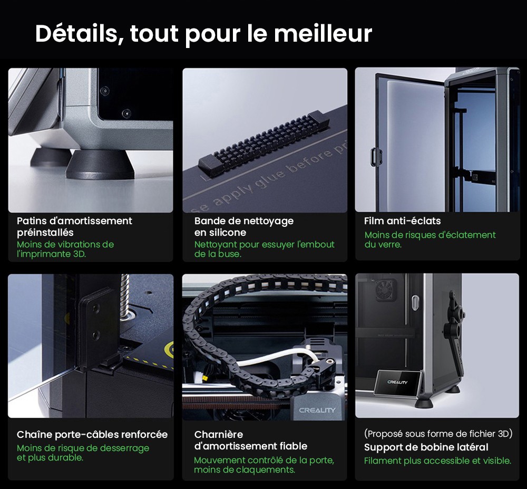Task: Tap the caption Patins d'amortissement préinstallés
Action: (74, 226)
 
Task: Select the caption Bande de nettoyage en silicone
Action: (243, 226)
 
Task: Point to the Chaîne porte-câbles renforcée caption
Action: (92, 435)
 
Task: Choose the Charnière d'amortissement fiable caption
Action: (250, 440)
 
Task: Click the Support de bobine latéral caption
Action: (426, 447)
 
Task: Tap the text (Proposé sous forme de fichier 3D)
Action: (438, 434)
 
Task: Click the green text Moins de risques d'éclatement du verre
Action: (430, 239)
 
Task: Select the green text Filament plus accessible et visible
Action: (437, 461)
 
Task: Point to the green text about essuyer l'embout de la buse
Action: (264, 249)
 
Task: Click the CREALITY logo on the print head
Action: (317, 410)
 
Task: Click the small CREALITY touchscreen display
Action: (398, 382)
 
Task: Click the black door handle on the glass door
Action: (376, 156)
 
